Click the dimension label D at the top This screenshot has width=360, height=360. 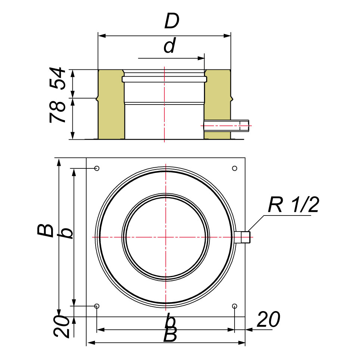pyautogui.click(x=172, y=21)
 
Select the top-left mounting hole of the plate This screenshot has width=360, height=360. pyautogui.click(x=97, y=168)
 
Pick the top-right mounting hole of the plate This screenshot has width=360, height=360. pyautogui.click(x=235, y=168)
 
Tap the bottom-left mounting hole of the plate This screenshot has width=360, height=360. pyautogui.click(x=97, y=306)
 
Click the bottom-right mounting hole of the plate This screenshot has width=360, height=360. pyautogui.click(x=235, y=306)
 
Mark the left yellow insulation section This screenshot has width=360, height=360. pyautogui.click(x=111, y=105)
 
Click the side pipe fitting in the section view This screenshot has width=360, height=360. pyautogui.click(x=226, y=126)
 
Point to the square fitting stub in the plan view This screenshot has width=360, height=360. pyautogui.click(x=242, y=237)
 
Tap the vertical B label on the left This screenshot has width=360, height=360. pyautogui.click(x=46, y=230)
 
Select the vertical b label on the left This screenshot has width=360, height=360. pyautogui.click(x=67, y=233)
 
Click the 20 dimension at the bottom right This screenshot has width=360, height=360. pyautogui.click(x=269, y=319)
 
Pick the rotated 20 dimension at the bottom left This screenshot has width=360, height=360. pyautogui.click(x=62, y=326)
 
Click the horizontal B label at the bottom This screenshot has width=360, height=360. pyautogui.click(x=170, y=334)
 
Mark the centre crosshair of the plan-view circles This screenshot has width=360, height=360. pyautogui.click(x=165, y=237)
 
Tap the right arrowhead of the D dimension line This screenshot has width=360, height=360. pyautogui.click(x=227, y=36)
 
